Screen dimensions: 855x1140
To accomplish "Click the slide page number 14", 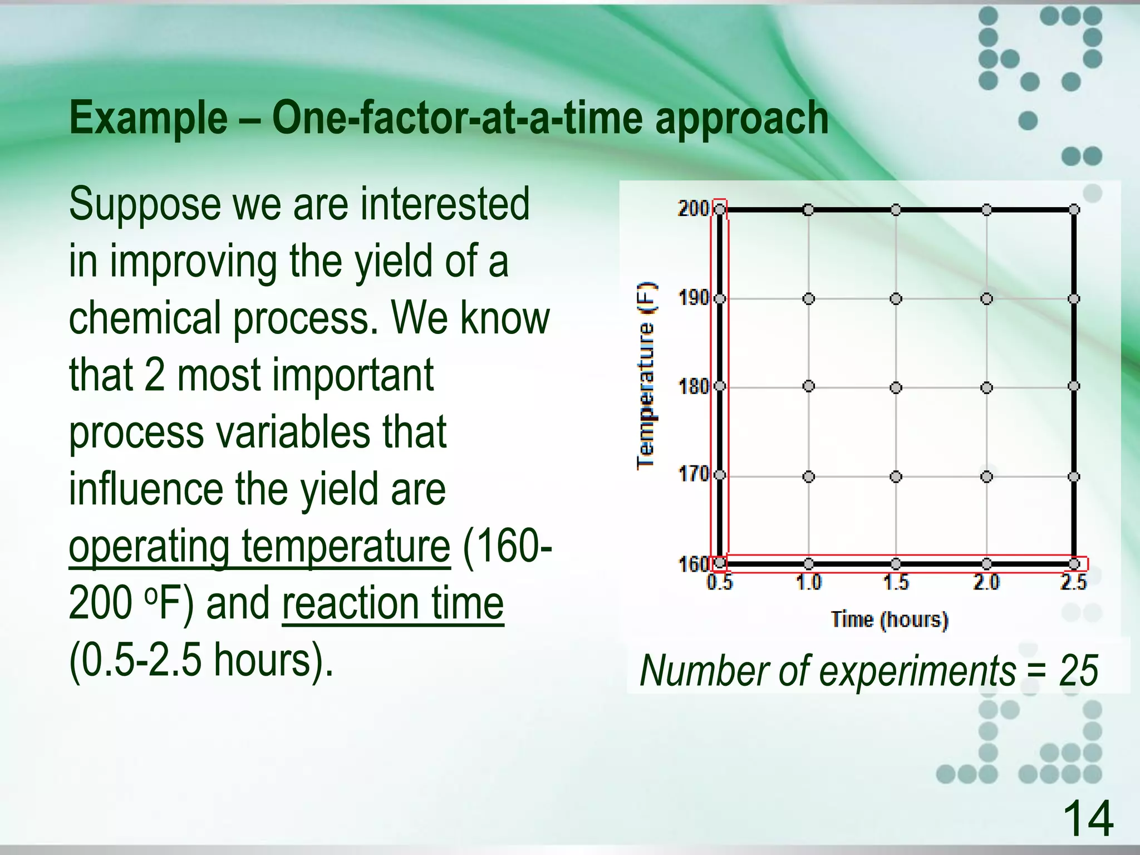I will pyautogui.click(x=1088, y=818).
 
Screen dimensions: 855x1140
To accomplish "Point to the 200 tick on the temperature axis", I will pyautogui.click(x=692, y=209).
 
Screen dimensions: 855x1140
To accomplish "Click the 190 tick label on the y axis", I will pyautogui.click(x=692, y=298).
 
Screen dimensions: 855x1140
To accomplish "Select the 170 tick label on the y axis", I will pyautogui.click(x=692, y=475).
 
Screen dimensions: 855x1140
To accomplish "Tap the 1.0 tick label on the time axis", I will pyautogui.click(x=808, y=582).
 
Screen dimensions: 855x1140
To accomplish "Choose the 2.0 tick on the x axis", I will pyautogui.click(x=986, y=582).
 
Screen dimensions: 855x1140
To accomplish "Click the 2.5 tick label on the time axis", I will pyautogui.click(x=1073, y=582).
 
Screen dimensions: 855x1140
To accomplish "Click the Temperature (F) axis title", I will pyautogui.click(x=646, y=376).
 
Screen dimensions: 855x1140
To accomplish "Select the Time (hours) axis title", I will pyautogui.click(x=889, y=620).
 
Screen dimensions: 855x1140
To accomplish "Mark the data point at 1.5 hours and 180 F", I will pyautogui.click(x=896, y=387).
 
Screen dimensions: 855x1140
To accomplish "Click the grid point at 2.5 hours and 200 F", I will pyautogui.click(x=1074, y=210).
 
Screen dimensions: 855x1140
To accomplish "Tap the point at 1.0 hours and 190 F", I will pyautogui.click(x=809, y=299).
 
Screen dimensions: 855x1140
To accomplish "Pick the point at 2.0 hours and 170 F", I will pyautogui.click(x=986, y=476).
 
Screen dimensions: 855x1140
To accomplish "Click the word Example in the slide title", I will pyautogui.click(x=148, y=119).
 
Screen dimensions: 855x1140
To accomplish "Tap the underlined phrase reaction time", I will pyautogui.click(x=392, y=604).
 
